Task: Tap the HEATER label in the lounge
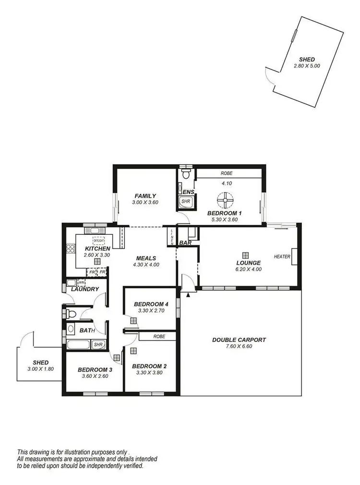(x=282, y=257)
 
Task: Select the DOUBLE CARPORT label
(x=239, y=340)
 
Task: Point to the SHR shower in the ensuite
(x=185, y=203)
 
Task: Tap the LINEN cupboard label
(x=171, y=236)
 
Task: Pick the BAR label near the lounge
(x=185, y=243)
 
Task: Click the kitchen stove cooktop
(x=70, y=249)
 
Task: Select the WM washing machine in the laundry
(x=82, y=282)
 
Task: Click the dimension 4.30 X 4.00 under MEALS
(x=146, y=265)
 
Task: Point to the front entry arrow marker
(x=188, y=295)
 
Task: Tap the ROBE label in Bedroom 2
(x=159, y=337)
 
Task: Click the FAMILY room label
(x=145, y=196)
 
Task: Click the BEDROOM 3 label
(x=95, y=370)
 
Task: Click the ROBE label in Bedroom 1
(x=227, y=173)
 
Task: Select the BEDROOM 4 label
(x=151, y=304)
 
